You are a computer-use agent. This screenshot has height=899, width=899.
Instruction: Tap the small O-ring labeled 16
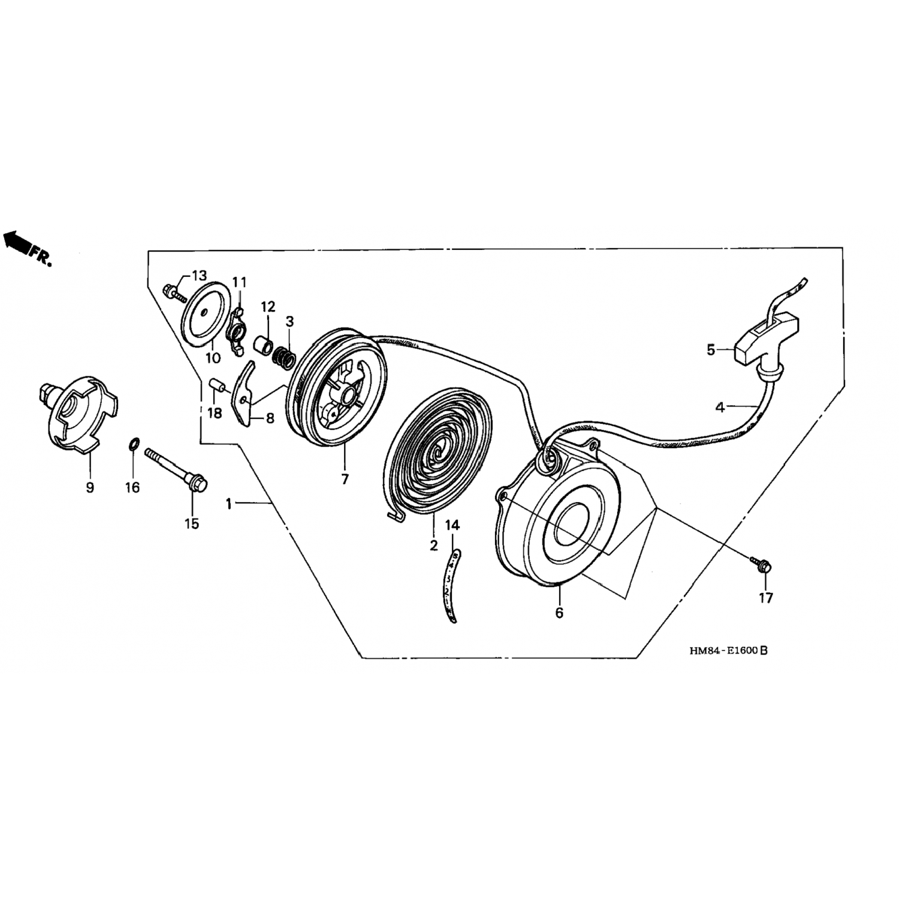(134, 445)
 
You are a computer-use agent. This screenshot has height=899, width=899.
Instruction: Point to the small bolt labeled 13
(171, 293)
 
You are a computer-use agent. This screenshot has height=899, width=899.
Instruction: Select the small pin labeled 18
(217, 384)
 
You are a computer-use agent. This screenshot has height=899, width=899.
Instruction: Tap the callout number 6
(559, 613)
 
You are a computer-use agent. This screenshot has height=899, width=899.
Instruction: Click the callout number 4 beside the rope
(720, 408)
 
